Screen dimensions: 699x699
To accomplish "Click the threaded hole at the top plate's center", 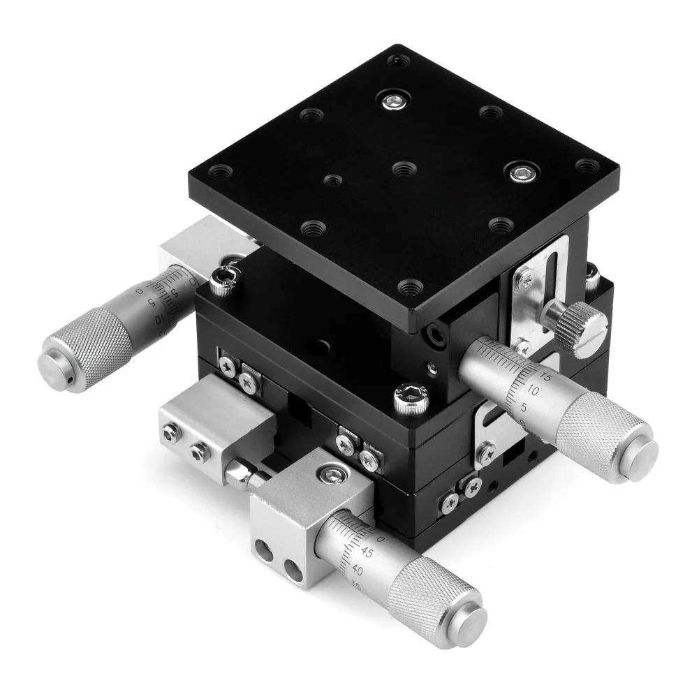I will tap(404, 168).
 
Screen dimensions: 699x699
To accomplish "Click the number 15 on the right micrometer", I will tap(546, 376).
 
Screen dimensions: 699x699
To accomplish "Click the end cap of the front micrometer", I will tap(470, 624).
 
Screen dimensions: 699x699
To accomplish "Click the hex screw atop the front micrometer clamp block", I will tap(328, 475).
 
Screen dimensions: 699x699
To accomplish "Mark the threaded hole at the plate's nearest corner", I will tap(410, 286).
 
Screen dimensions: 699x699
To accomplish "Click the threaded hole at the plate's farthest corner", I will tap(399, 61).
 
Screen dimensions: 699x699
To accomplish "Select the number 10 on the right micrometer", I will tap(534, 391).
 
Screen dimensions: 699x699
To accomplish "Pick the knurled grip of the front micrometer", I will tap(426, 596).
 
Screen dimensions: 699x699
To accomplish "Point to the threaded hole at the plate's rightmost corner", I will tap(588, 166).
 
